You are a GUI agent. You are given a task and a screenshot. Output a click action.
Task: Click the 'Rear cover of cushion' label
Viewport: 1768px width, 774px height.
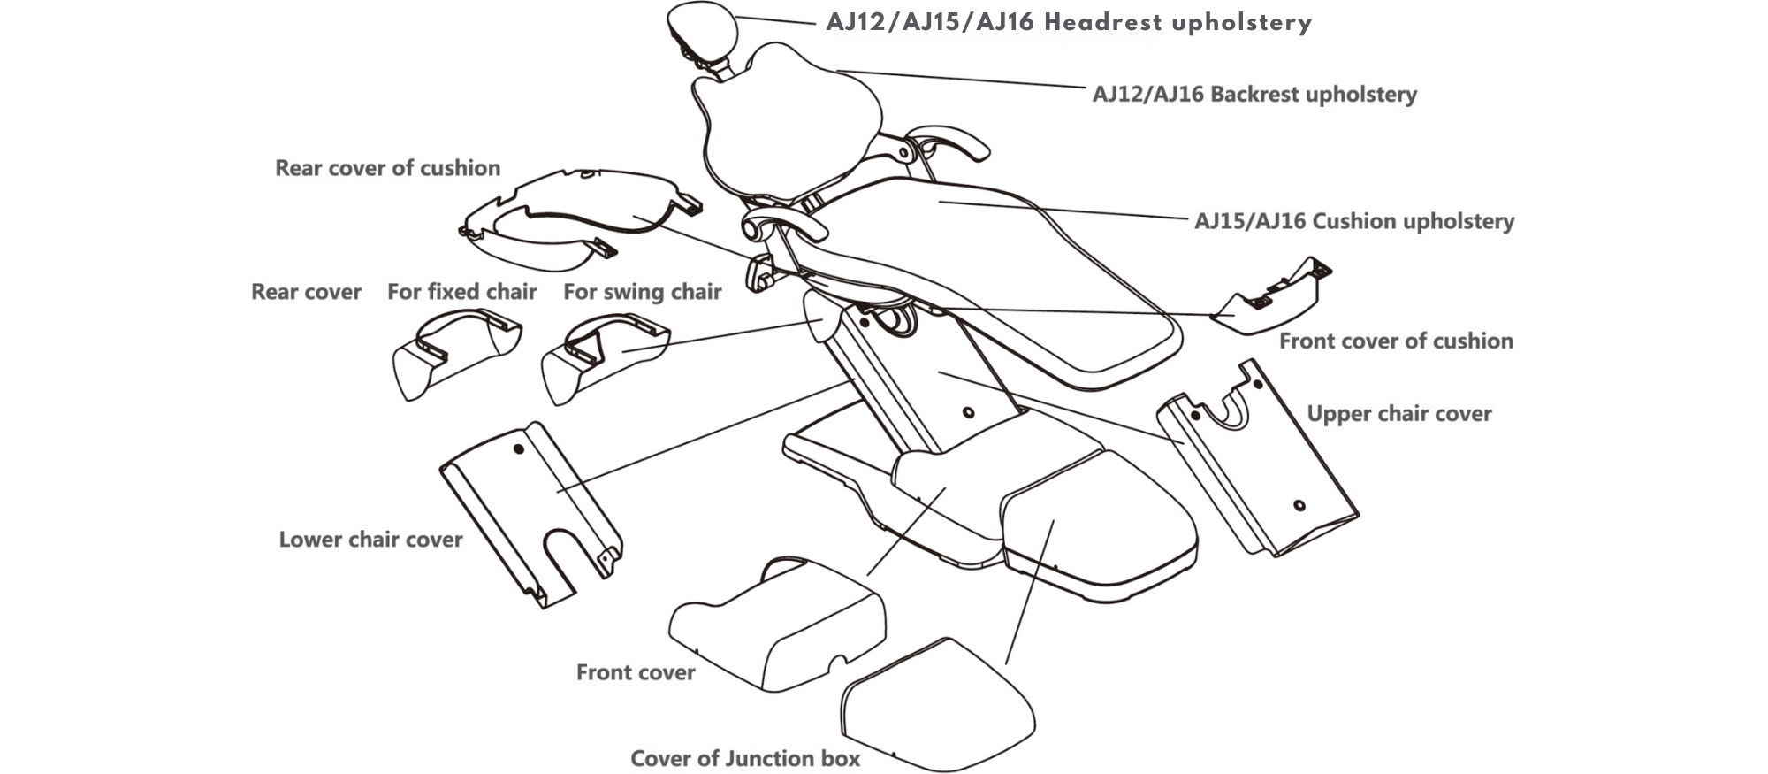click(x=387, y=168)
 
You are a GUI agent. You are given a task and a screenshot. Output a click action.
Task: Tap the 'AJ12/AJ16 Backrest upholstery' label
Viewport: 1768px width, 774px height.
click(x=1254, y=95)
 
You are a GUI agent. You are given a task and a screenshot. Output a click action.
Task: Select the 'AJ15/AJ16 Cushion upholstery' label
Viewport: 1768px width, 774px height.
click(x=1353, y=221)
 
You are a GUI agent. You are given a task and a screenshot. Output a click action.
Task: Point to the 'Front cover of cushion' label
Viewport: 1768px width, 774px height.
click(x=1396, y=341)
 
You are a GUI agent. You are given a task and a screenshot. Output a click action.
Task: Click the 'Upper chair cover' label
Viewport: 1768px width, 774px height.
click(x=1398, y=414)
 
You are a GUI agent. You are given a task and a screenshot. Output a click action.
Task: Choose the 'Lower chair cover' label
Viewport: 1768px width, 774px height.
click(x=370, y=540)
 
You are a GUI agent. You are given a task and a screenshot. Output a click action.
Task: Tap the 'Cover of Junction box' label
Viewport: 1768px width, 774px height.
click(x=745, y=759)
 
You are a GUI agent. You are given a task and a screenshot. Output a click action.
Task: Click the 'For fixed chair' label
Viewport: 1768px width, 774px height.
click(x=461, y=292)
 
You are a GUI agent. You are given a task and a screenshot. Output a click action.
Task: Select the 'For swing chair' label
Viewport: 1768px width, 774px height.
click(x=642, y=292)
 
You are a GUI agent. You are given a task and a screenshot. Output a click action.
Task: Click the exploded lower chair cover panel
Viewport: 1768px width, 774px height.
click(x=530, y=513)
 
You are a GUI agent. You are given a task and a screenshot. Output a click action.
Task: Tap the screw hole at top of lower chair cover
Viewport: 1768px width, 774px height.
click(x=519, y=449)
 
